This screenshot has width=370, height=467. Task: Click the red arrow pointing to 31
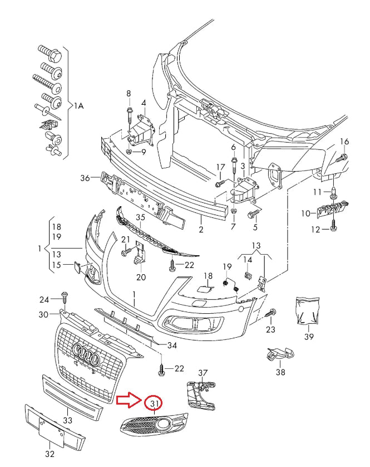point(129,399)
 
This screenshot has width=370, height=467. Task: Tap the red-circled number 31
point(153,404)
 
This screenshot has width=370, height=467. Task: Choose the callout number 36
point(85,178)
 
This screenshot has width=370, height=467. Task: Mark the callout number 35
point(141,217)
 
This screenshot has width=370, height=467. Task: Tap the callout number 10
point(305,213)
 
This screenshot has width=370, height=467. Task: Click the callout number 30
point(44,315)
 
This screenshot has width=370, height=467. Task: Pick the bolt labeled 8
point(128,114)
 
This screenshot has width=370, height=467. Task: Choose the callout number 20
point(140,277)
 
